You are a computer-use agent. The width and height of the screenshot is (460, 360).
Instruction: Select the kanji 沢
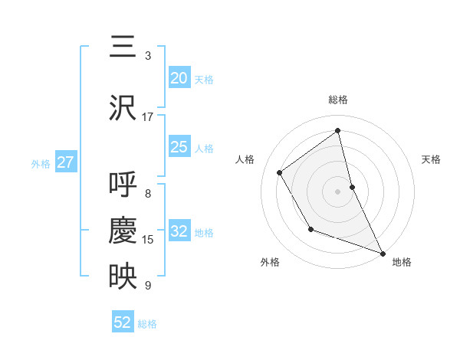(x=122, y=108)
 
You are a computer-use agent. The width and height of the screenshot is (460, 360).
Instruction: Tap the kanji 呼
(x=122, y=185)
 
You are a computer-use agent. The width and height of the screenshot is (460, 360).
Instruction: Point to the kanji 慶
(x=122, y=231)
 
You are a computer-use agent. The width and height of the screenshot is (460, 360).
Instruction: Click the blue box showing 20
(x=179, y=77)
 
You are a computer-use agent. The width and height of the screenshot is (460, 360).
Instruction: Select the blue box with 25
(x=179, y=147)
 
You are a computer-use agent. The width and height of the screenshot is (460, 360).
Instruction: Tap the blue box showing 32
(x=179, y=231)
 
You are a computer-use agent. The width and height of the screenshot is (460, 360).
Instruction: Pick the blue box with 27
(x=65, y=162)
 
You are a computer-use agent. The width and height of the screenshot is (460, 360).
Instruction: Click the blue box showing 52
(x=123, y=322)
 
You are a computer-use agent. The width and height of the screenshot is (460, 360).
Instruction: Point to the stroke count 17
(x=148, y=117)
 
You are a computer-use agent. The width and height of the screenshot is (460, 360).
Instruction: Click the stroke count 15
(x=148, y=240)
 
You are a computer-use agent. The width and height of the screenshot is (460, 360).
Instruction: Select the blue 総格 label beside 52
(x=147, y=324)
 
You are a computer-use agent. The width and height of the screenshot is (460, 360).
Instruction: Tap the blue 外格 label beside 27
(x=41, y=163)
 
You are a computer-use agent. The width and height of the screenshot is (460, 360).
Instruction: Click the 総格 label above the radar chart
(x=338, y=100)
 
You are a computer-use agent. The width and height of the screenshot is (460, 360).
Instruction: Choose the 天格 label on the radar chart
(x=432, y=159)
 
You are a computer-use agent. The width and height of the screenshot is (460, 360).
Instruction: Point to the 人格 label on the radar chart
(x=245, y=159)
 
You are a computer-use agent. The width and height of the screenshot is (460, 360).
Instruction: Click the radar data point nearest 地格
(x=383, y=253)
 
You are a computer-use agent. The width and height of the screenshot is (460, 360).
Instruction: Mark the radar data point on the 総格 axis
(x=338, y=131)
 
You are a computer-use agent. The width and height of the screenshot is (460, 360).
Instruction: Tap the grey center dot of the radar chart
(x=338, y=191)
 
